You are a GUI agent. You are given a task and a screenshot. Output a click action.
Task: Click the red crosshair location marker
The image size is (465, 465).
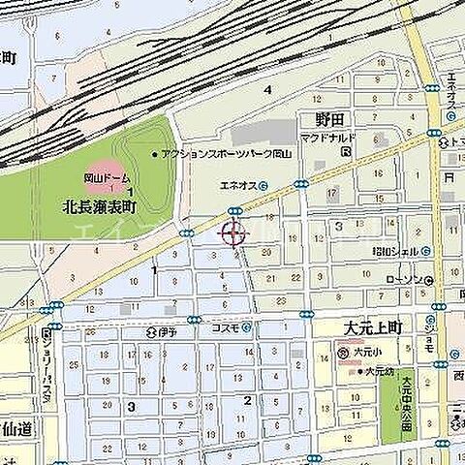click(233, 232)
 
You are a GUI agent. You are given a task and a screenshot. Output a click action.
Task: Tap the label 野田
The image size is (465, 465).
click(331, 120)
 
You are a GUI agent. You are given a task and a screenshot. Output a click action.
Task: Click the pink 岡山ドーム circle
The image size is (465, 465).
click(104, 174)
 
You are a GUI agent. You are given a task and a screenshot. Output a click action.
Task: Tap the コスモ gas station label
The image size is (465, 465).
click(224, 327)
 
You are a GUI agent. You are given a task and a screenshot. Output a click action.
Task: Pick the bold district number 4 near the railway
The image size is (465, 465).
click(266, 89)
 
